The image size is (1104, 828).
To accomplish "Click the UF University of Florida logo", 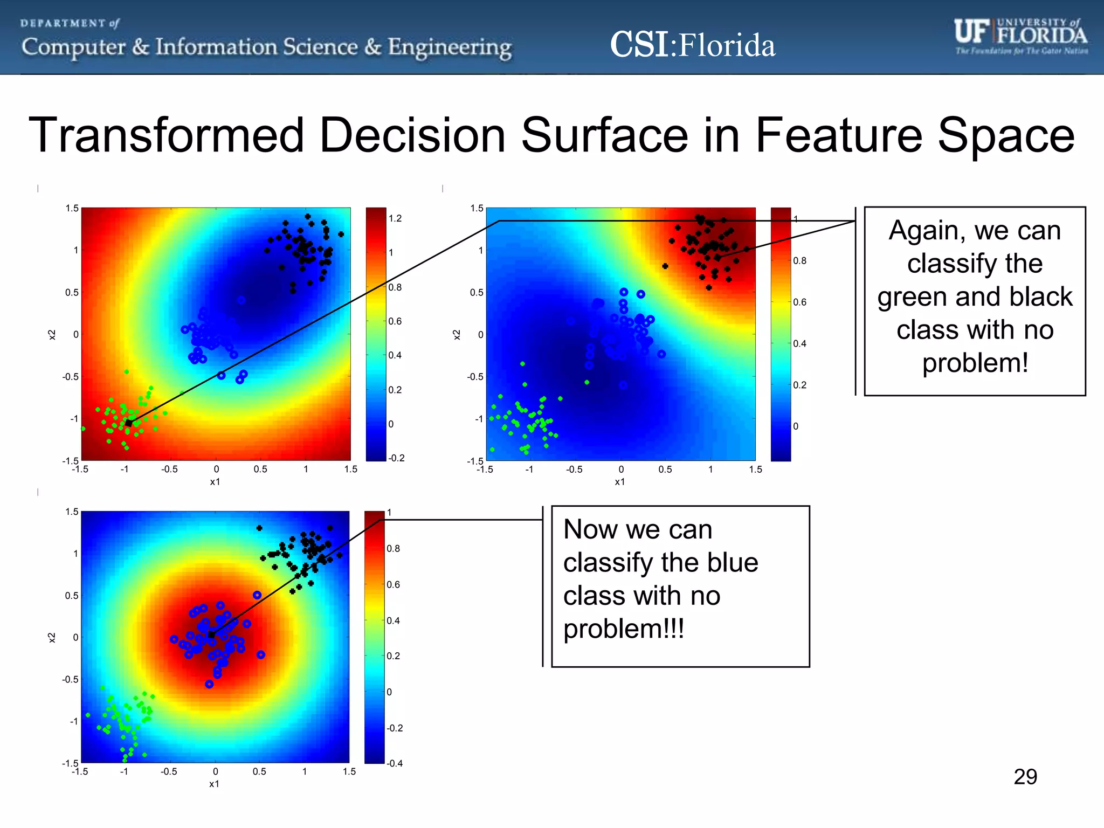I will click(x=1020, y=36).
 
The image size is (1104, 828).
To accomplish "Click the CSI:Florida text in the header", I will click(x=692, y=45).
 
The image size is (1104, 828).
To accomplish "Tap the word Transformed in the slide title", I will click(x=167, y=135).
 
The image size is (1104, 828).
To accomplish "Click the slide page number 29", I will click(x=1025, y=777).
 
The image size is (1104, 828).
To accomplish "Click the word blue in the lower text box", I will click(x=733, y=563).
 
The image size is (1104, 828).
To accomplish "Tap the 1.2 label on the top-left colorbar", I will click(x=395, y=218).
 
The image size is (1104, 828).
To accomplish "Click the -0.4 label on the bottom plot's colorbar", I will click(x=395, y=763).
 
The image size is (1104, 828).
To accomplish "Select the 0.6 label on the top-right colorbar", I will click(x=799, y=302).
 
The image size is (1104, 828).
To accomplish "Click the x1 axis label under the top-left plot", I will click(x=215, y=482).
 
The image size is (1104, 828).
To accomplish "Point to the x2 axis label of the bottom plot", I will click(x=52, y=638).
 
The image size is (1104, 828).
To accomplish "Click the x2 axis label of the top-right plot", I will click(x=457, y=335).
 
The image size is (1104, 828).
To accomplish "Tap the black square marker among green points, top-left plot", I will click(x=129, y=423).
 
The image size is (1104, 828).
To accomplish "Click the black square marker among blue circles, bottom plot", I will click(x=211, y=635).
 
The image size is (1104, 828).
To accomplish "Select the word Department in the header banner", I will click(x=63, y=23).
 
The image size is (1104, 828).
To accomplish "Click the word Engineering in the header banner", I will click(x=450, y=47).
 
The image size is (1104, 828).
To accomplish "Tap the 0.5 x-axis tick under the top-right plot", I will click(x=665, y=470).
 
